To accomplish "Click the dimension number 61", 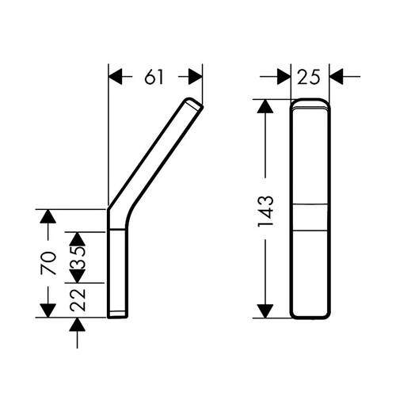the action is coord(154,77).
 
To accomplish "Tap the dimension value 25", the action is coord(309,77).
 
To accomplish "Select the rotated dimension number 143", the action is coord(265,211).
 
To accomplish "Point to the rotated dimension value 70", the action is coord(48,263).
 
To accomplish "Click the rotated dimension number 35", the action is coord(78,257).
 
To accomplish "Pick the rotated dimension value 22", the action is coord(78,299).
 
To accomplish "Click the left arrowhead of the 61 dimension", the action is coord(116,77).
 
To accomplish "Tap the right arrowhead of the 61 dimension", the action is coord(196,77).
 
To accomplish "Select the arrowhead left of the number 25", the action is coord(284,77).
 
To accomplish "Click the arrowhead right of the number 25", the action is coord(337,77).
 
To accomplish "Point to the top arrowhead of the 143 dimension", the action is coord(265,106).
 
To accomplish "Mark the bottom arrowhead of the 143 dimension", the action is coord(265,311).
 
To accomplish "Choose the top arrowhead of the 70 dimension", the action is coord(48,216).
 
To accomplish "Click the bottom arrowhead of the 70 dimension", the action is coord(48,310).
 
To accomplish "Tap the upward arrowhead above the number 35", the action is coord(77,239).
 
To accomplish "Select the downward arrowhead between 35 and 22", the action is coord(77,276).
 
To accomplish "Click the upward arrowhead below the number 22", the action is coord(77,325).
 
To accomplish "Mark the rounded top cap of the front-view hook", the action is coord(310,104).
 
